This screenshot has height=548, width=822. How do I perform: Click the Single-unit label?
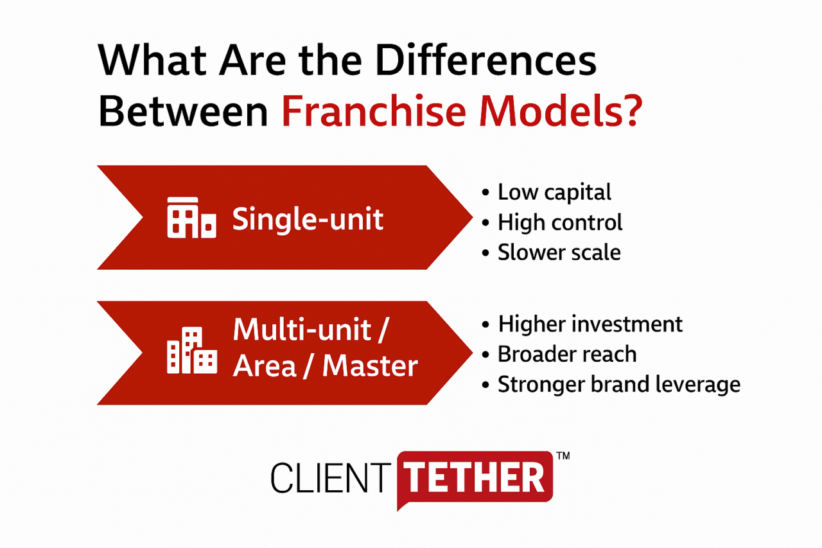coord(308,220)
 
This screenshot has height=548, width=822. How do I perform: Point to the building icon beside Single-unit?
coord(191,218)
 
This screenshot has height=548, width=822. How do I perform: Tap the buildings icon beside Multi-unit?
coord(191,350)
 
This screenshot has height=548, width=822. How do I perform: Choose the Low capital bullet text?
coord(554,192)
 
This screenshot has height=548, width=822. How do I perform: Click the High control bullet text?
coord(560,222)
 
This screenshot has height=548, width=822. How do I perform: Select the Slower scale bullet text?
coord(559,252)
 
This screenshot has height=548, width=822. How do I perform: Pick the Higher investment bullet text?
coord(590,324)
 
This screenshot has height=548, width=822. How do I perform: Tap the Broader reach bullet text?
coord(567,354)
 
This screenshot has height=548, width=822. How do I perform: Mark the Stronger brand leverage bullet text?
coord(619,385)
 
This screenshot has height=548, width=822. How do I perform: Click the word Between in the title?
coord(183,111)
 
